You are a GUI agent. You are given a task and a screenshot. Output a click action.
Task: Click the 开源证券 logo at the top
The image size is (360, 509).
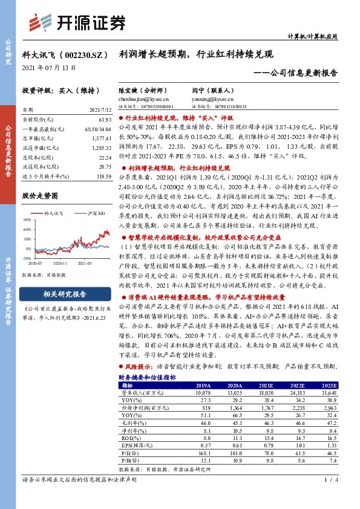[x=78, y=23]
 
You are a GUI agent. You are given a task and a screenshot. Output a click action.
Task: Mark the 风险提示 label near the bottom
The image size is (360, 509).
[x=136, y=367]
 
